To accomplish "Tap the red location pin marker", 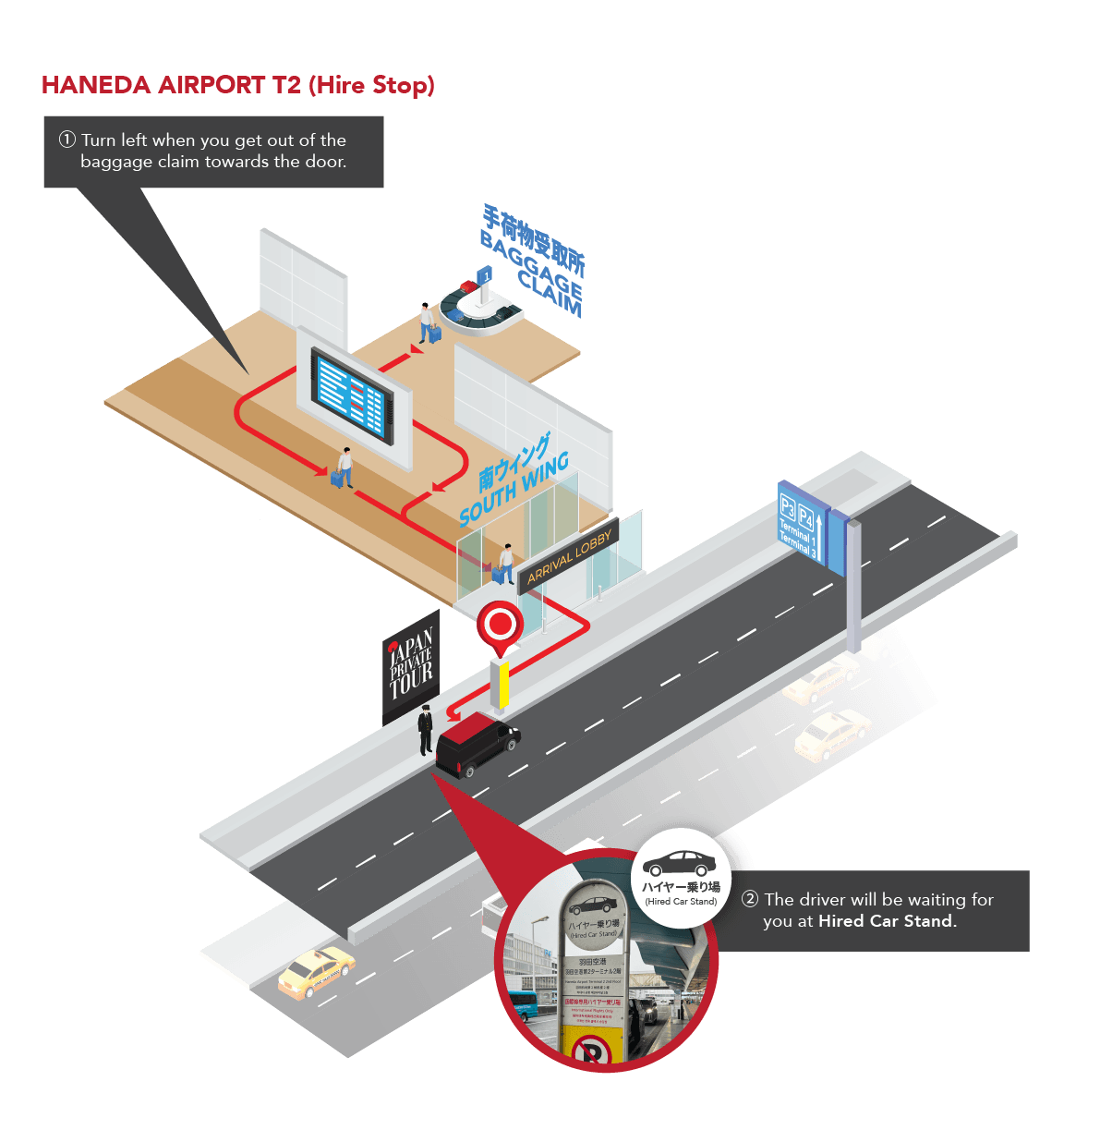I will tap(501, 626).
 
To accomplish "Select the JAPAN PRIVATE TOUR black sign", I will tap(411, 665).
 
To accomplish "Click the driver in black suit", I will tap(425, 730).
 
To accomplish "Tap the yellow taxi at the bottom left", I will tap(316, 972).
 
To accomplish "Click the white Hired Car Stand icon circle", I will tap(681, 878).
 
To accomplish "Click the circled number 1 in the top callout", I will tap(67, 140).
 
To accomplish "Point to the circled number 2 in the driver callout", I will tap(750, 899).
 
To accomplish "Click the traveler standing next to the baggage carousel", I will tap(428, 323).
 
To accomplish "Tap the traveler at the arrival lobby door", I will tap(505, 563).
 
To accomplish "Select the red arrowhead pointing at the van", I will tap(453, 713).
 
